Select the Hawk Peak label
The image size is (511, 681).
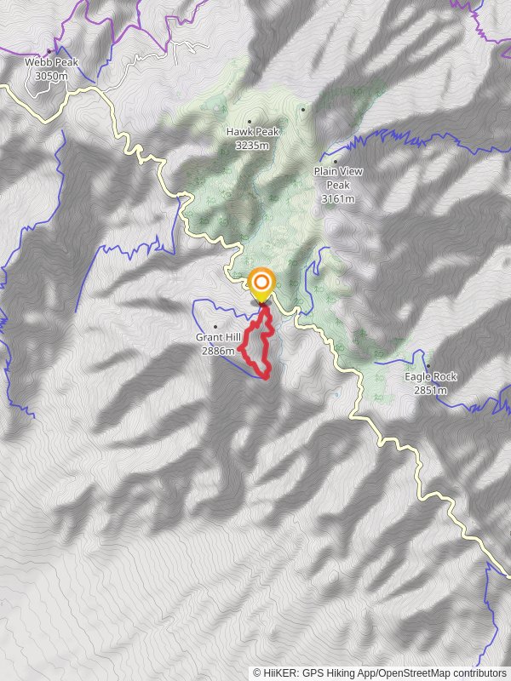(253, 132)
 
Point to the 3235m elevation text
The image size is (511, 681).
(253, 146)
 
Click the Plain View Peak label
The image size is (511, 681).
(338, 171)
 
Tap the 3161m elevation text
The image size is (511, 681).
(338, 199)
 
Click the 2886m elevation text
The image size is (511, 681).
(218, 351)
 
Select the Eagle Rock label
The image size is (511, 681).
(430, 376)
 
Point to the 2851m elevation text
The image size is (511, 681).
(430, 390)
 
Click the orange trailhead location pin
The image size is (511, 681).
(261, 283)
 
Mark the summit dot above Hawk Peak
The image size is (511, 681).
(250, 121)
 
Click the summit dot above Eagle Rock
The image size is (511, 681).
(428, 366)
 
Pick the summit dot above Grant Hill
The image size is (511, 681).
(215, 326)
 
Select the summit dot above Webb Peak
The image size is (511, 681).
(49, 51)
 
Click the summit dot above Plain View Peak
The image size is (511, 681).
(336, 161)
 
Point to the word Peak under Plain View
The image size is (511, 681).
(338, 185)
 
